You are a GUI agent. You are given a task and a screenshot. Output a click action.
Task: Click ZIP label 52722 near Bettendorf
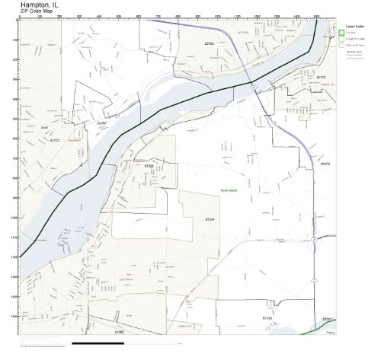click(54, 142)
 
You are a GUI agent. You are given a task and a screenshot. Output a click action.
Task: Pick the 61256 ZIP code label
click(149, 165)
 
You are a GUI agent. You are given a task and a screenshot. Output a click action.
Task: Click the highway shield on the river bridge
click(251, 89)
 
